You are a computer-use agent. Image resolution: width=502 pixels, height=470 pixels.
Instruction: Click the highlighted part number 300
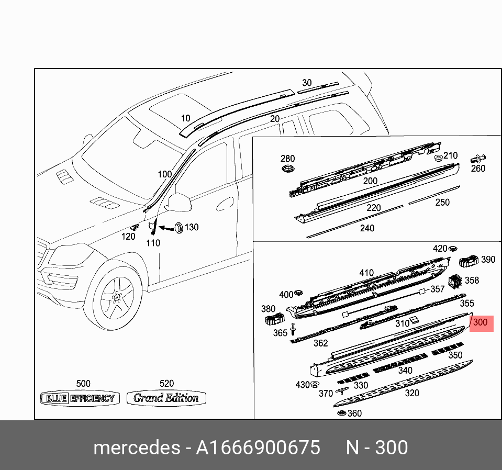coord(481,323)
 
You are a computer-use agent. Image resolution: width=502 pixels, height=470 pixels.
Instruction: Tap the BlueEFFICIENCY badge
coord(81,398)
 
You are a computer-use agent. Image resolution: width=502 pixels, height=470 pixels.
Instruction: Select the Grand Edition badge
coord(166,398)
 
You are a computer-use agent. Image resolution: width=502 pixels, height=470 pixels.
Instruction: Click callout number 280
coord(287,159)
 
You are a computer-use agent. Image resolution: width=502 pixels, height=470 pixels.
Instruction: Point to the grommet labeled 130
coord(179,227)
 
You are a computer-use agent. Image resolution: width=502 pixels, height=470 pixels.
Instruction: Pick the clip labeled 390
coord(469,259)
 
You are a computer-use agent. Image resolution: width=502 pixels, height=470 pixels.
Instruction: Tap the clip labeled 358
coord(454,281)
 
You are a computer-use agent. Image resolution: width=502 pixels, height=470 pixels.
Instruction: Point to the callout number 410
coord(366,273)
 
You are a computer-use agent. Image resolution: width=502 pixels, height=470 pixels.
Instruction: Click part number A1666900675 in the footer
coord(258,448)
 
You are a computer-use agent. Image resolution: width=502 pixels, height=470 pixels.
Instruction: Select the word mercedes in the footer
coord(136,448)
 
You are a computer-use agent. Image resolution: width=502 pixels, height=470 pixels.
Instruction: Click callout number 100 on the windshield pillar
coord(165,174)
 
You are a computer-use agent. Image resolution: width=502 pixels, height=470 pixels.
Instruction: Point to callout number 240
coord(367,228)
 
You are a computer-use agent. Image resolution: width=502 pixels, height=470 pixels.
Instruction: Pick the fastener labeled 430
coord(315,385)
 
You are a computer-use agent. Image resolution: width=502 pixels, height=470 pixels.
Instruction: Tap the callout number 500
coord(83,384)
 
